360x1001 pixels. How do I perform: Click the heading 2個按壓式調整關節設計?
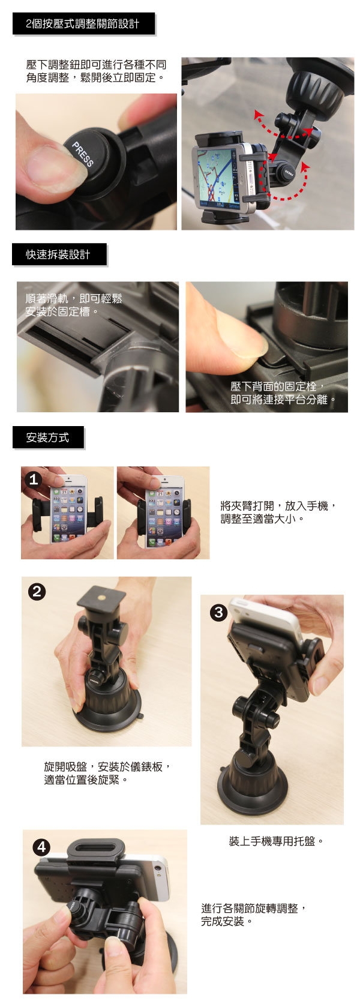[83, 23]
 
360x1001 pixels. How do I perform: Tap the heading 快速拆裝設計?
[58, 254]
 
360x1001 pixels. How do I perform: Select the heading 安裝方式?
[47, 437]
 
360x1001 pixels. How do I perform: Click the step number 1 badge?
[32, 479]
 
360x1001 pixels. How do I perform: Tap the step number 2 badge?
[37, 592]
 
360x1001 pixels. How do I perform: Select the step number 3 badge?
[218, 612]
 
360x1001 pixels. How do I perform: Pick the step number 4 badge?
[41, 847]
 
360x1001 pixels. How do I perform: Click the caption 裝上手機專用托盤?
[275, 841]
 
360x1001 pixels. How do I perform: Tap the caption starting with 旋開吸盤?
[107, 773]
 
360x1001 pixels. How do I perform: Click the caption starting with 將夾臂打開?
[278, 512]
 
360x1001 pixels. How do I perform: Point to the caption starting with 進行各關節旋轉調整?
[254, 915]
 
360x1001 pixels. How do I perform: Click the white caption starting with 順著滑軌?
[74, 305]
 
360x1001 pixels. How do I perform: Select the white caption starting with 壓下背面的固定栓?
[283, 392]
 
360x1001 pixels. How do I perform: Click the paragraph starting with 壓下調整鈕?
[96, 71]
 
